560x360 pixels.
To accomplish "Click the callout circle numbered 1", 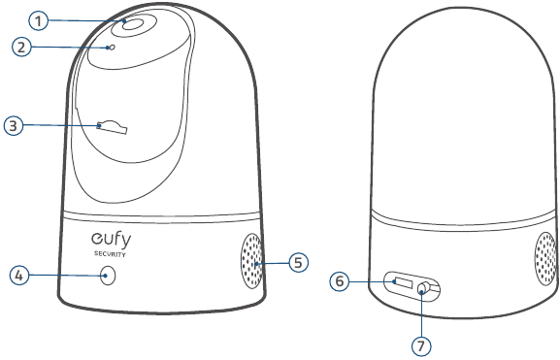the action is click(38, 20).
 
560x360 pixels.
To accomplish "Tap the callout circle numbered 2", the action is click(21, 48).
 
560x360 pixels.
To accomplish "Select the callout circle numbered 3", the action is click(14, 126).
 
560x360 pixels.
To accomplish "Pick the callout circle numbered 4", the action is click(19, 276).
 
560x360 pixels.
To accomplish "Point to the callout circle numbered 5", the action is click(298, 263).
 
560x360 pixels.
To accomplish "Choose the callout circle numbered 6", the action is click(340, 281).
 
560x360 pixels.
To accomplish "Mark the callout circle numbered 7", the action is click(421, 346).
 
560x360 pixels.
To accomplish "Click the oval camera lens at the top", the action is click(134, 25).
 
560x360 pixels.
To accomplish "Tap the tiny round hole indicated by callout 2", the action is click(112, 48).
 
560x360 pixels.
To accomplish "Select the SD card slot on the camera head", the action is click(112, 127).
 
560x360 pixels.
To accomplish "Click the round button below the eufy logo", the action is click(108, 276).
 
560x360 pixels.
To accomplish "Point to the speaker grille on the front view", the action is click(251, 261).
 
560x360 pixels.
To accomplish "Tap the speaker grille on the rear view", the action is click(546, 258).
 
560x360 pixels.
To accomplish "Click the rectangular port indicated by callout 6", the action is click(402, 282).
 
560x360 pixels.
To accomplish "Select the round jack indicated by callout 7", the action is click(423, 288).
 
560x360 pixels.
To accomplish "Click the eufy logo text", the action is click(111, 241).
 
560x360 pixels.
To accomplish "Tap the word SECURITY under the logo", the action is click(110, 254).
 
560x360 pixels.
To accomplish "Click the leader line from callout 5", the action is click(272, 264).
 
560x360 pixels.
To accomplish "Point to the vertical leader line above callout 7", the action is click(421, 314).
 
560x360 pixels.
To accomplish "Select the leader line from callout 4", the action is click(68, 276).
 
